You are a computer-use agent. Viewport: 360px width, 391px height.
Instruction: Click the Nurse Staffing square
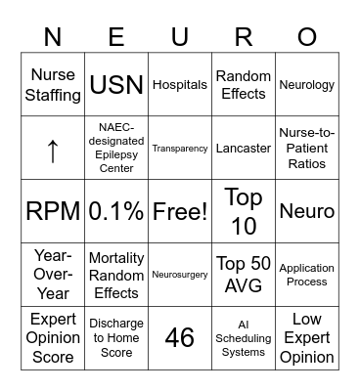click(53, 85)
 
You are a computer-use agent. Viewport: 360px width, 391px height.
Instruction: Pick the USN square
click(116, 85)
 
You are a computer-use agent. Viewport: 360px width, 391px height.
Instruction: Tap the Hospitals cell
click(180, 85)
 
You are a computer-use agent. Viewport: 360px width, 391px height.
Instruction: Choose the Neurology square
click(307, 85)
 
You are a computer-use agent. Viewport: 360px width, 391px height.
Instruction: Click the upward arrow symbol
click(53, 149)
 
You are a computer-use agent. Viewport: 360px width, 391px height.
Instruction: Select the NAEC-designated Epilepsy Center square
click(116, 149)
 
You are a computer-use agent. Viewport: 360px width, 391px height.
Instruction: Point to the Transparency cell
click(180, 149)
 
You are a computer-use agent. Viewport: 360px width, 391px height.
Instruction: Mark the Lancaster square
click(244, 149)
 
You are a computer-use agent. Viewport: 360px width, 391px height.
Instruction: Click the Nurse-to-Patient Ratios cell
click(307, 149)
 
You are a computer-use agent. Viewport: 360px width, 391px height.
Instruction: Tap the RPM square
click(53, 212)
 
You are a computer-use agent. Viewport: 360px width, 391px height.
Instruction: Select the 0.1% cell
click(116, 212)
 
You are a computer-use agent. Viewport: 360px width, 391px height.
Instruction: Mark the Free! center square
click(180, 212)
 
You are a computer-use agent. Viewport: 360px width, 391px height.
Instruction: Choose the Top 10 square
click(244, 212)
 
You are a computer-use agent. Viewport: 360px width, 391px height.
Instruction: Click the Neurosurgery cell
click(180, 276)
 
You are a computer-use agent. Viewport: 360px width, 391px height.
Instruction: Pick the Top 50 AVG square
click(244, 276)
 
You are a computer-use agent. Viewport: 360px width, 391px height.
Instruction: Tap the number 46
click(180, 338)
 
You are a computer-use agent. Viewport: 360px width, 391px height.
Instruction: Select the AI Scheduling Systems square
click(244, 338)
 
